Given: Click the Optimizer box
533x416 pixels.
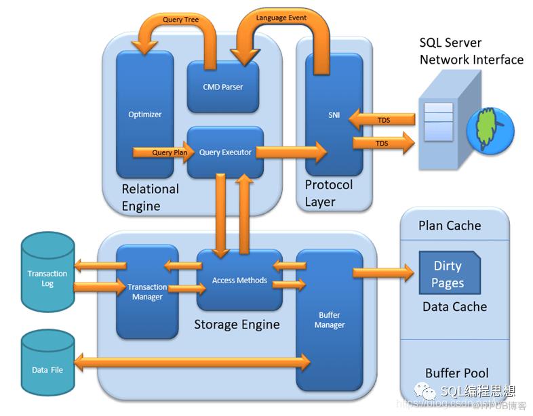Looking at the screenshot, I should [x=144, y=114].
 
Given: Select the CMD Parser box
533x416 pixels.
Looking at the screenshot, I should [x=222, y=87].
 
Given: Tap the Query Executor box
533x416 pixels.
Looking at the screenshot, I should [x=225, y=152].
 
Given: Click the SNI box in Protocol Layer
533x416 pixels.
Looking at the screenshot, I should [x=333, y=115].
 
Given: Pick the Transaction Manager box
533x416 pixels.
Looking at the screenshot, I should [x=147, y=292].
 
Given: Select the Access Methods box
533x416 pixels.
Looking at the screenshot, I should [x=239, y=280].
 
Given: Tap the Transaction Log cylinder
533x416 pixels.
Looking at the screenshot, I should [x=47, y=278].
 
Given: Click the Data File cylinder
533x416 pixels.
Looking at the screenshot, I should [x=47, y=369].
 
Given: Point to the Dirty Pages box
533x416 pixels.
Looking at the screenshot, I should [x=448, y=274].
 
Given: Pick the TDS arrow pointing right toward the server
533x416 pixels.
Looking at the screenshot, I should [x=382, y=143].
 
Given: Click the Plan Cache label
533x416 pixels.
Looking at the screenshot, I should [x=450, y=226].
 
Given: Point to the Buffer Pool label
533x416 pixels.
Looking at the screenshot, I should [x=456, y=373].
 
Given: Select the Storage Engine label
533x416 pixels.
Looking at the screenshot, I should [x=237, y=325].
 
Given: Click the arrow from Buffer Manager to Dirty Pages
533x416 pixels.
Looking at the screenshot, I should [x=382, y=272].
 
